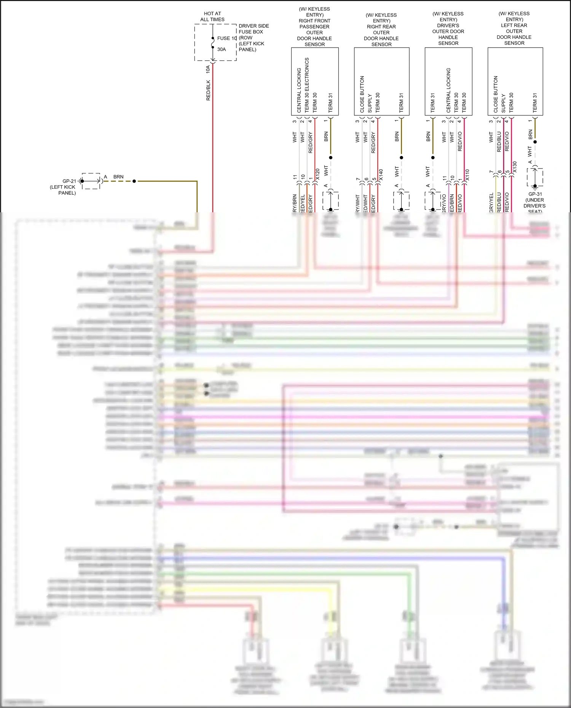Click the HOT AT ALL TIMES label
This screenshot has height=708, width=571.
pos(212,16)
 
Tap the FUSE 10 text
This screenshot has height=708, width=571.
pos(227,38)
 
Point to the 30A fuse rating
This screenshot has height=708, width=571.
pos(222,49)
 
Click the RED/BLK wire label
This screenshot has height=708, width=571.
pos(208,90)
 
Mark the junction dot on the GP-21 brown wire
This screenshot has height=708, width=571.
pos(134,181)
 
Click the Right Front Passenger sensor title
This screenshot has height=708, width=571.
pos(314,27)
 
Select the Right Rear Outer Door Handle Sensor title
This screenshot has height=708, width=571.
pos(381,30)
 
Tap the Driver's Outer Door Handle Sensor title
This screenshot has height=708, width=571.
pos(448,29)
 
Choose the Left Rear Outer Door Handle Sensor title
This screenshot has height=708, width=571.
pos(514,28)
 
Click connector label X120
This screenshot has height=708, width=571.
pos(317,175)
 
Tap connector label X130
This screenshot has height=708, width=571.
pos(515,167)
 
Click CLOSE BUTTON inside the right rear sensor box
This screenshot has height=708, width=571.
pos(362,94)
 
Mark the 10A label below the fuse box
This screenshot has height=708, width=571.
pos(208,69)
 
